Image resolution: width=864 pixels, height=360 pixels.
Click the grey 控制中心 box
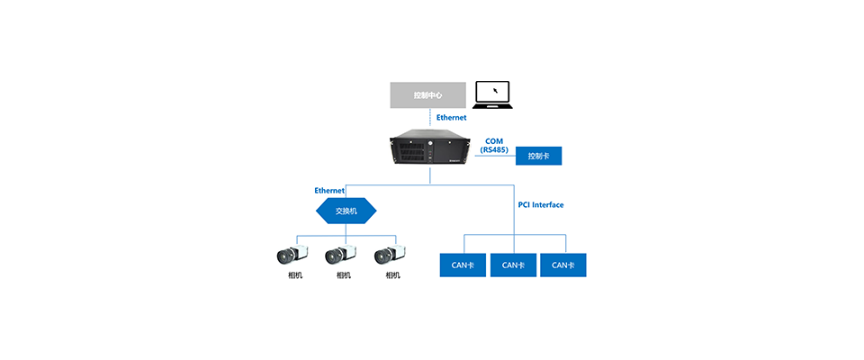pyautogui.click(x=427, y=94)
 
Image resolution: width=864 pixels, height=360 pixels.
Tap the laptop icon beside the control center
pyautogui.click(x=492, y=94)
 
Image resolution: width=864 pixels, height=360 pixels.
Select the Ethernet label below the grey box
pyautogui.click(x=452, y=118)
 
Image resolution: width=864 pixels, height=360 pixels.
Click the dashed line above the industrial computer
pyautogui.click(x=430, y=120)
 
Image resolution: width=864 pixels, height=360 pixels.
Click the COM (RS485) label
pyautogui.click(x=494, y=145)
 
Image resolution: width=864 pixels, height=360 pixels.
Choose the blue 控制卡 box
pyautogui.click(x=538, y=156)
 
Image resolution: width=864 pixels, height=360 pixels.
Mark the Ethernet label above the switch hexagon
pyautogui.click(x=329, y=191)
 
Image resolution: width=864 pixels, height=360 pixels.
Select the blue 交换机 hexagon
pyautogui.click(x=346, y=211)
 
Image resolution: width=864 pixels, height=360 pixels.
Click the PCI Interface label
pyautogui.click(x=541, y=205)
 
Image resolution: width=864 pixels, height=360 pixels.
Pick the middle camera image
pyautogui.click(x=342, y=255)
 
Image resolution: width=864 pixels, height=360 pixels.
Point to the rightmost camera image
pyautogui.click(x=391, y=255)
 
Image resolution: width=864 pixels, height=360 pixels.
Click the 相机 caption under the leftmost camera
pyautogui.click(x=294, y=275)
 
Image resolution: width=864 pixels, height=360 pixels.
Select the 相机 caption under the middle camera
pyautogui.click(x=343, y=275)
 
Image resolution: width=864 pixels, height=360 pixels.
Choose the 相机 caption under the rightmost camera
pyautogui.click(x=391, y=275)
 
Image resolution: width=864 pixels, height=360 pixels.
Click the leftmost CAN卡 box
pyautogui.click(x=463, y=265)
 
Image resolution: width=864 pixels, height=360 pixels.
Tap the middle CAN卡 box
pyautogui.click(x=513, y=265)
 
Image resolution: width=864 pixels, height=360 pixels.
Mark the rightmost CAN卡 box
pyautogui.click(x=563, y=265)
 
